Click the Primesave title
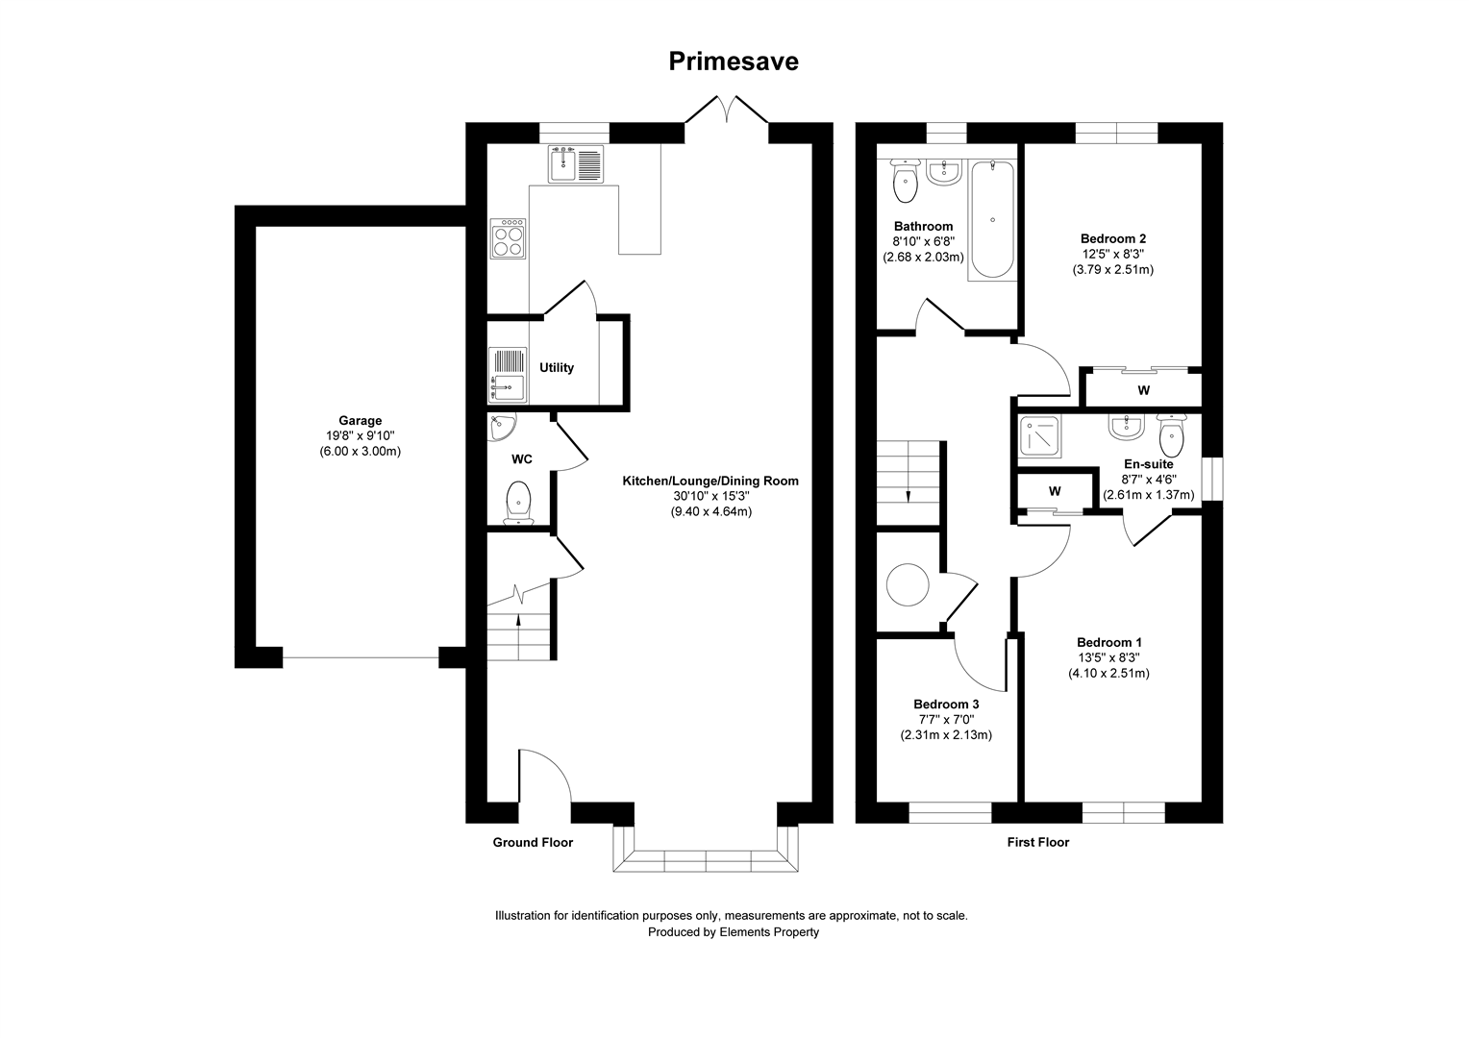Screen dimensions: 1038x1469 (734, 62)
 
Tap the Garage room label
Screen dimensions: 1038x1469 (360, 420)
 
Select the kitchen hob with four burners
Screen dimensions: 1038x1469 (509, 239)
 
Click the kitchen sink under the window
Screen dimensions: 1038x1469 (575, 163)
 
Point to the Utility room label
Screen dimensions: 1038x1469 (556, 367)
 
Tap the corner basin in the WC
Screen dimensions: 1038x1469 (501, 426)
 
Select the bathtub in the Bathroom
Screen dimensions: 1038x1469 (991, 219)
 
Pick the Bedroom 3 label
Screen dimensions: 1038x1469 (946, 704)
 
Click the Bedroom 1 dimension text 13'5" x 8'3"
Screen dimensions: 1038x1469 (1108, 658)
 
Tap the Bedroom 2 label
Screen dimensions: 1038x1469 (1112, 238)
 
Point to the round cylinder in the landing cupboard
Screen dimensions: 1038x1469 (908, 584)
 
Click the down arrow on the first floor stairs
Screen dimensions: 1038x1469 (909, 495)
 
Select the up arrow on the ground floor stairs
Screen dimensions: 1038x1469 (519, 620)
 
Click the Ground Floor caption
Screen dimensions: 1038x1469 (533, 843)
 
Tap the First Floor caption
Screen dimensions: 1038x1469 (1037, 843)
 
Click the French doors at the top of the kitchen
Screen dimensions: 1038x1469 (727, 111)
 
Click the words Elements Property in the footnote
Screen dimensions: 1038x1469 (769, 932)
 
